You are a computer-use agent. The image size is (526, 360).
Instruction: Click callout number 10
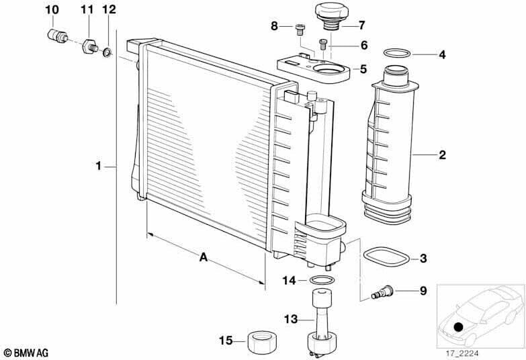coord(52,9)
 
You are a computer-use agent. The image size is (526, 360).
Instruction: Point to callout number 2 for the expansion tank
coord(442,155)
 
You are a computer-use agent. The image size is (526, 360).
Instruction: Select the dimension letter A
coord(202,257)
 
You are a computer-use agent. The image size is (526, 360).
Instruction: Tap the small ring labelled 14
coord(322,280)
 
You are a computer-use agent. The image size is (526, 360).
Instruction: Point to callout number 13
coord(290,318)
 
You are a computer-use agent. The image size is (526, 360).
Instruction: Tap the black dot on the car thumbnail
coord(458,327)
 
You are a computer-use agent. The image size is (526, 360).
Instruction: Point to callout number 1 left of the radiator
coord(99,165)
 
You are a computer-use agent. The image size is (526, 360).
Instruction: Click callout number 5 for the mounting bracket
coord(363,69)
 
